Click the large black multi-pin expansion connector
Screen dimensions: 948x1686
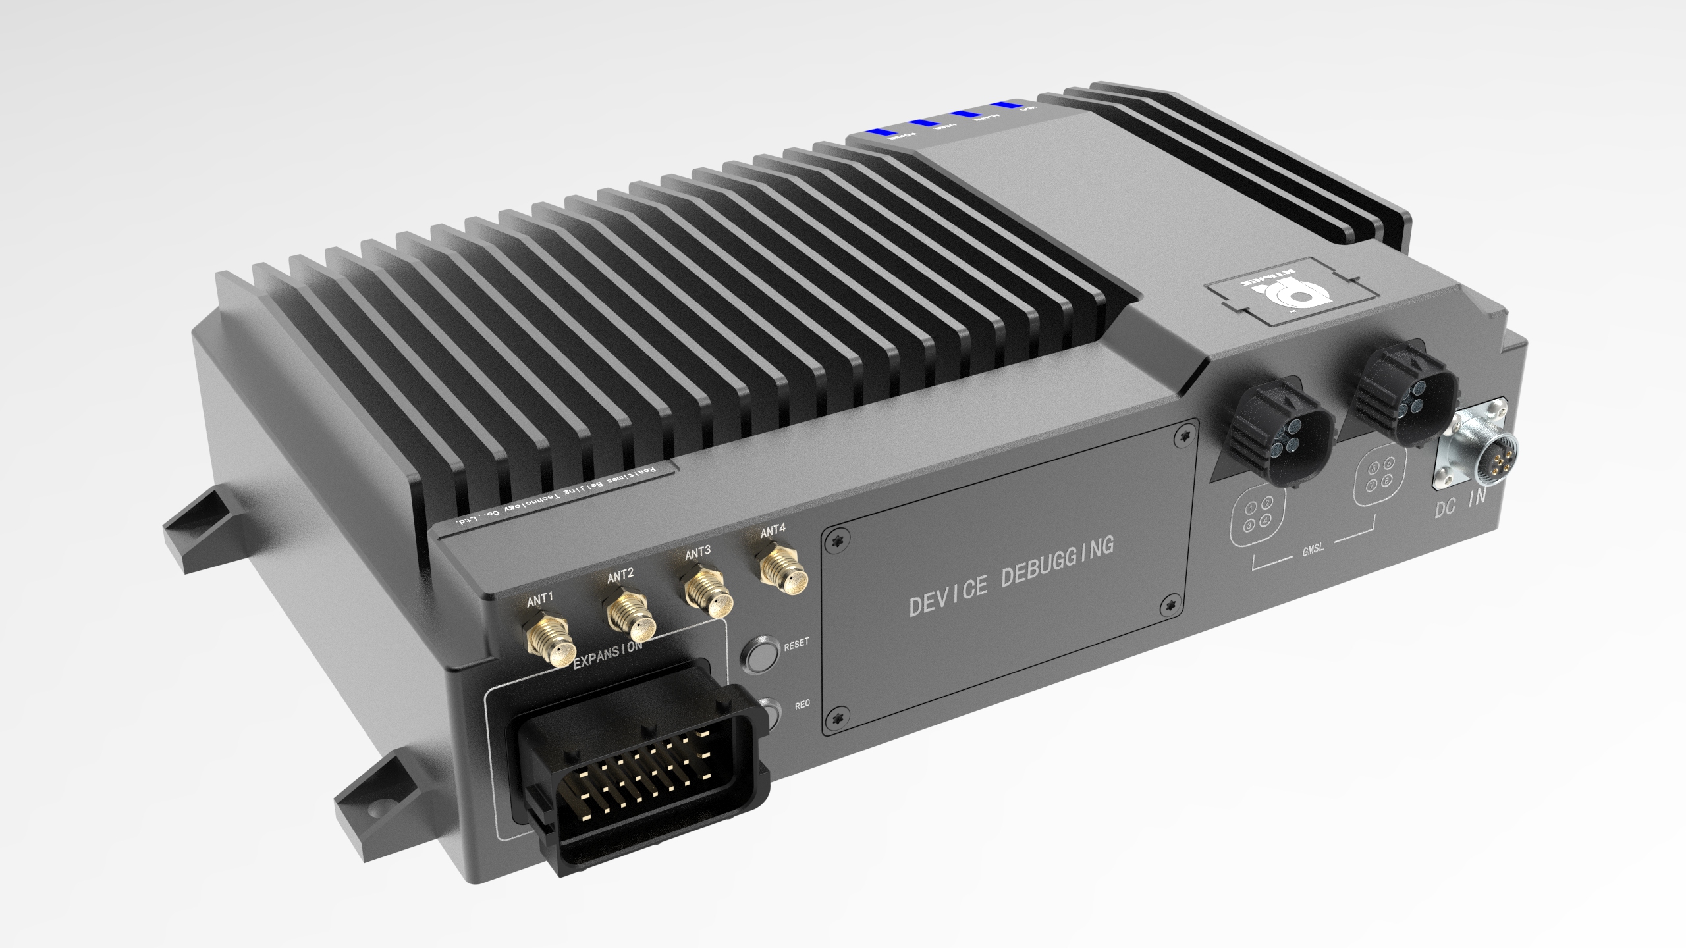(632, 777)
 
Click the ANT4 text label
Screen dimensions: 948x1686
(772, 532)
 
